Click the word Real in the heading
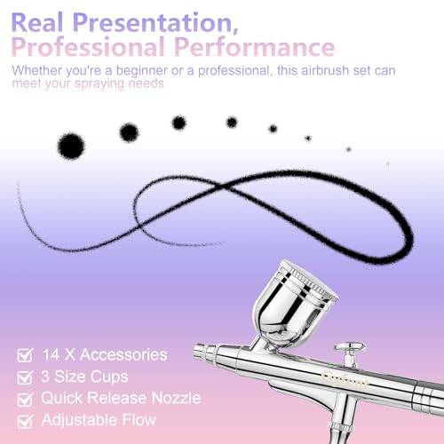coord(37,22)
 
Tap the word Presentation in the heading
coord(155,23)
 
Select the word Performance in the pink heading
coord(254,47)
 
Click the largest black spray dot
coord(71,147)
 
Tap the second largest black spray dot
coord(129,132)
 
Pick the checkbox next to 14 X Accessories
coord(25,355)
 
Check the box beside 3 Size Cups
coord(25,377)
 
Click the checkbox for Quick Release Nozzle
coord(25,399)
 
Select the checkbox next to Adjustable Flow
coord(25,421)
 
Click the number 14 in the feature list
coord(52,354)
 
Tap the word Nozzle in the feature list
coord(176,398)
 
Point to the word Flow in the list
coord(139,420)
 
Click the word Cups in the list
coord(109,377)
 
